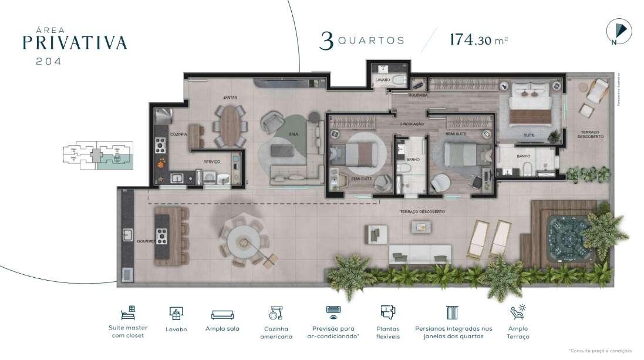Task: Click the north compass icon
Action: (x=618, y=31)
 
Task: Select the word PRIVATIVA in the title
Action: (x=75, y=42)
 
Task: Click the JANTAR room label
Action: (x=230, y=97)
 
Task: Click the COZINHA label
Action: (x=178, y=134)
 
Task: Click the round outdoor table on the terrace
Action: (x=244, y=241)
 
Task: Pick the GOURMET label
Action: (x=145, y=241)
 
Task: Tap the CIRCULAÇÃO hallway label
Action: (x=412, y=124)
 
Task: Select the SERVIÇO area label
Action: (x=211, y=162)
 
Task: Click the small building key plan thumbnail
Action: (x=96, y=155)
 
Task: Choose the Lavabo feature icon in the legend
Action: (x=176, y=314)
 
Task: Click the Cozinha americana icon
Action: (x=276, y=313)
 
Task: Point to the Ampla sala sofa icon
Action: (x=222, y=314)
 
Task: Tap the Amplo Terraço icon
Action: (x=518, y=312)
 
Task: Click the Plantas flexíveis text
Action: (x=387, y=332)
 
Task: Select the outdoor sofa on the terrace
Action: (x=420, y=254)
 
